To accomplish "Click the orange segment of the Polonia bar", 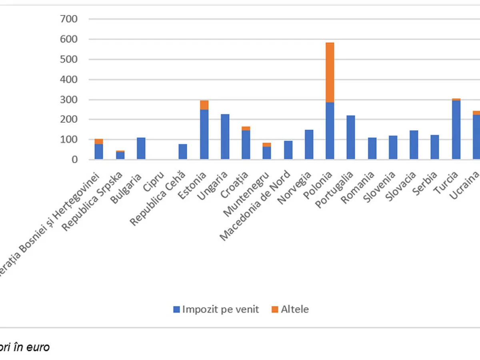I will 330,72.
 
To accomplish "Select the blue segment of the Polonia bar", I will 330,131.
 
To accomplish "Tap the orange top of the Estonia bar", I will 204,105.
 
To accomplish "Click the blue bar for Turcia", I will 456,130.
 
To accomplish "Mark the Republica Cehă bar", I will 183,152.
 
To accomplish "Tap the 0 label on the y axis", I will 74,160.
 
